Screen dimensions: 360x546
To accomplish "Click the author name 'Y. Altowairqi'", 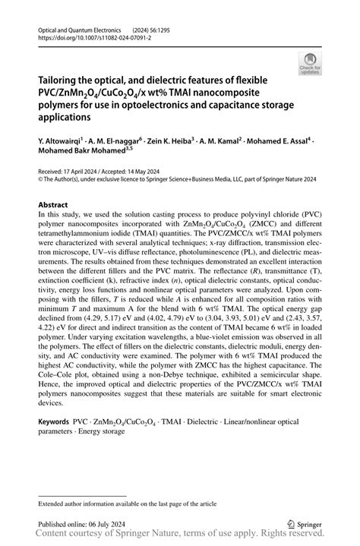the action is coord(62,140).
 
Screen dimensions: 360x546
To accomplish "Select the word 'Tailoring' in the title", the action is coord(62,79).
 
